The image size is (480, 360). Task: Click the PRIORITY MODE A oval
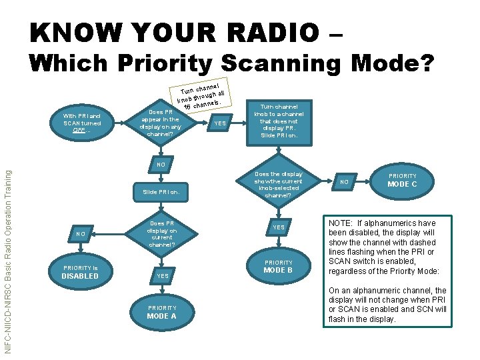click(161, 312)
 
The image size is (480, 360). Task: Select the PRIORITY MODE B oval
click(278, 267)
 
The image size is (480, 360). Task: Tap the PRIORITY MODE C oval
click(402, 180)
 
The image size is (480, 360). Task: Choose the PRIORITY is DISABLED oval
click(80, 272)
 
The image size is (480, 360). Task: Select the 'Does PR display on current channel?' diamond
click(161, 233)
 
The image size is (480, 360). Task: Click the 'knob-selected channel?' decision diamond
click(278, 185)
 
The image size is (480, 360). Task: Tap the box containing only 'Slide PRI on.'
click(161, 193)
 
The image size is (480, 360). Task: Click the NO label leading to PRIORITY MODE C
click(345, 181)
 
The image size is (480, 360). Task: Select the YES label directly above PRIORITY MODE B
click(278, 227)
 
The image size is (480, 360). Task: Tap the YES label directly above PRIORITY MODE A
click(161, 275)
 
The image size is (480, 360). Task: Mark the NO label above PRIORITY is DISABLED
click(80, 234)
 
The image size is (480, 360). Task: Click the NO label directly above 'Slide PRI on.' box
click(161, 164)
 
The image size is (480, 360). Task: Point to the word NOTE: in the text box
click(342, 223)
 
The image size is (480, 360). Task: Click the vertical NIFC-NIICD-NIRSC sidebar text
click(7, 261)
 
